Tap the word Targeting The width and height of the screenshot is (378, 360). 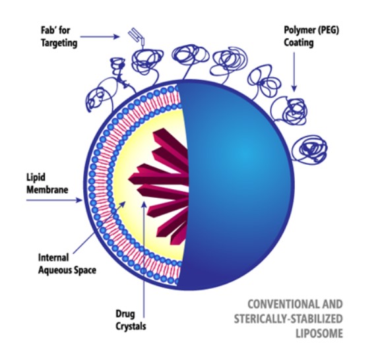tap(59, 43)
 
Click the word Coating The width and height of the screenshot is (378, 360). tap(299, 43)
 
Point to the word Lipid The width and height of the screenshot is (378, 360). tap(36, 177)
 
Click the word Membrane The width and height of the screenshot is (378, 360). tap(47, 190)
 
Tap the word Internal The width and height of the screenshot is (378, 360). tap(53, 258)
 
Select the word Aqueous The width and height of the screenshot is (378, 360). tap(55, 270)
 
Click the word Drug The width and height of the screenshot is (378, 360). tap(125, 315)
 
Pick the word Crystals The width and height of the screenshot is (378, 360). tap(131, 326)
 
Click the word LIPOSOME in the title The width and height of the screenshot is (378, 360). tap(319, 334)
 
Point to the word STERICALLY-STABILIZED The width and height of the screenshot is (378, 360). tap(288, 319)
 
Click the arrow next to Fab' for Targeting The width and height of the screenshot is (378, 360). tap(100, 37)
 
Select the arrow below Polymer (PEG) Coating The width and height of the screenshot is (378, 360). tap(294, 72)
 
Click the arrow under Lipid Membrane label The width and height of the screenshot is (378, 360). tap(54, 200)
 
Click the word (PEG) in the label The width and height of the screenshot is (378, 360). tap(329, 30)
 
